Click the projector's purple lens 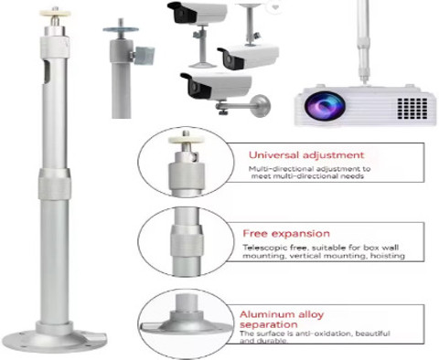[x=325, y=105]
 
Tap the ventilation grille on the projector [x=412, y=108]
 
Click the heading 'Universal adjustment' [x=306, y=155]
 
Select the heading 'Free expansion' [x=286, y=234]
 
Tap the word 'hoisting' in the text [x=388, y=256]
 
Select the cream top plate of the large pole [x=55, y=14]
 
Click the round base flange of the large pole [x=55, y=341]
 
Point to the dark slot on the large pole [x=47, y=71]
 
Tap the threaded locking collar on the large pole [x=55, y=184]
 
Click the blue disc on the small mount [x=121, y=29]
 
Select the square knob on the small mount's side [x=145, y=56]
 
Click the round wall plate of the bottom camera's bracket [x=262, y=106]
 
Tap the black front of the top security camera [x=182, y=13]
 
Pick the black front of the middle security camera [x=231, y=58]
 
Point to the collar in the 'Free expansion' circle [x=187, y=241]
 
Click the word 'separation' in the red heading [x=269, y=324]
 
